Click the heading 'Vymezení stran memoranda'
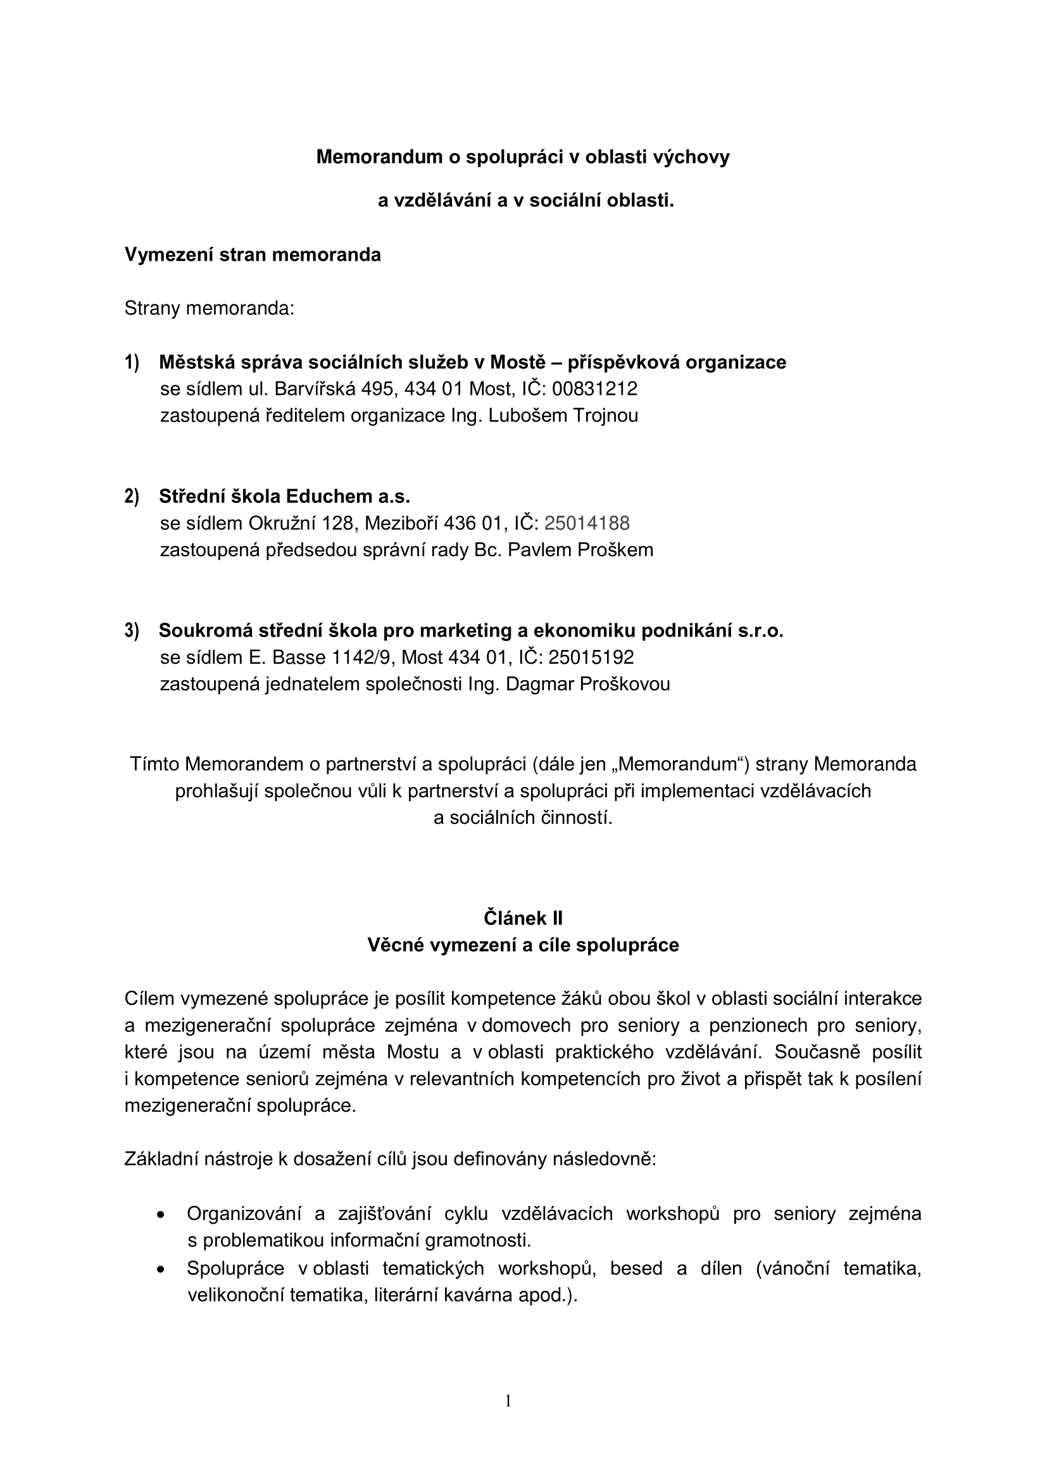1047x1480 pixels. click(252, 255)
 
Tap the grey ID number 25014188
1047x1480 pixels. click(587, 523)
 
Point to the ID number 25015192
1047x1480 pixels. click(591, 657)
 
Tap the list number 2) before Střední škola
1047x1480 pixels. click(132, 496)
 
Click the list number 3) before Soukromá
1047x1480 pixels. click(132, 630)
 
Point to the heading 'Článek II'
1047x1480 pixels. click(523, 918)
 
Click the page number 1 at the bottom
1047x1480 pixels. click(508, 1401)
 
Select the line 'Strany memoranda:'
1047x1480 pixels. click(209, 309)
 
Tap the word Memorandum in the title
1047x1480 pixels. click(379, 158)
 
